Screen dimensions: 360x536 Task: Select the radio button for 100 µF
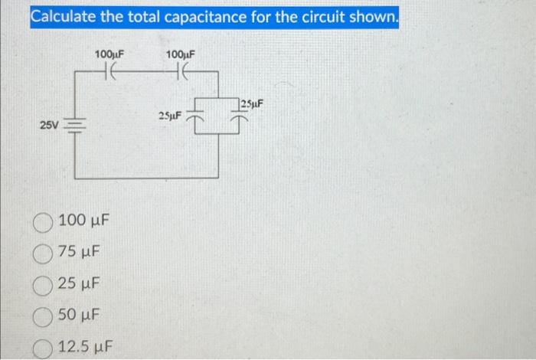43,221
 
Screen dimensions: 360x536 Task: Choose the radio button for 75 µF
43,253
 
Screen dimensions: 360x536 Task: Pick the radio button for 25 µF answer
43,284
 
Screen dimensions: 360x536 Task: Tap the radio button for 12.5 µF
43,346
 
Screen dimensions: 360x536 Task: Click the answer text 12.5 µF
86,346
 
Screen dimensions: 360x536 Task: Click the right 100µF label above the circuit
181,54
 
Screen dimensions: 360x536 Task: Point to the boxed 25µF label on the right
251,104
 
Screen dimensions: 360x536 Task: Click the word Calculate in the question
63,16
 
